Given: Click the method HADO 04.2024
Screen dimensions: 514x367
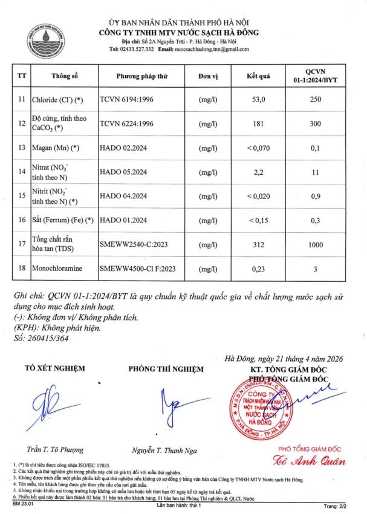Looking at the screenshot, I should (x=123, y=195).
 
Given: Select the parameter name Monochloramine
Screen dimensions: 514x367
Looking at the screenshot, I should (x=61, y=268).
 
